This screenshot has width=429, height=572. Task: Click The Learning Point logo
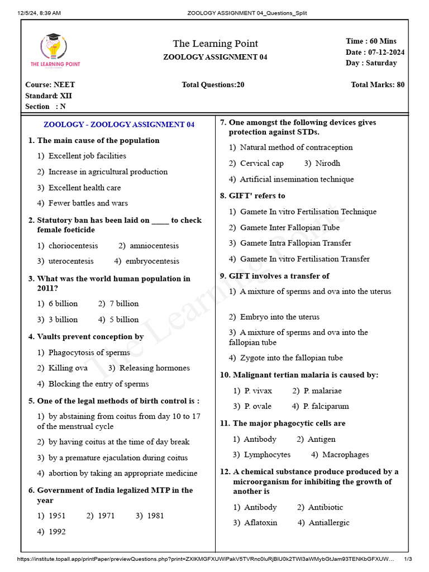coord(55,50)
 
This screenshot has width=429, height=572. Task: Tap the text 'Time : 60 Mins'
coord(371,41)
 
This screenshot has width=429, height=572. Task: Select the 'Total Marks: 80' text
coord(378,85)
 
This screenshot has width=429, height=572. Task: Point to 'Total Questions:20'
coord(213,85)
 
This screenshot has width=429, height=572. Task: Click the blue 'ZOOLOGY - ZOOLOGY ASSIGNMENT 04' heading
coord(119,125)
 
